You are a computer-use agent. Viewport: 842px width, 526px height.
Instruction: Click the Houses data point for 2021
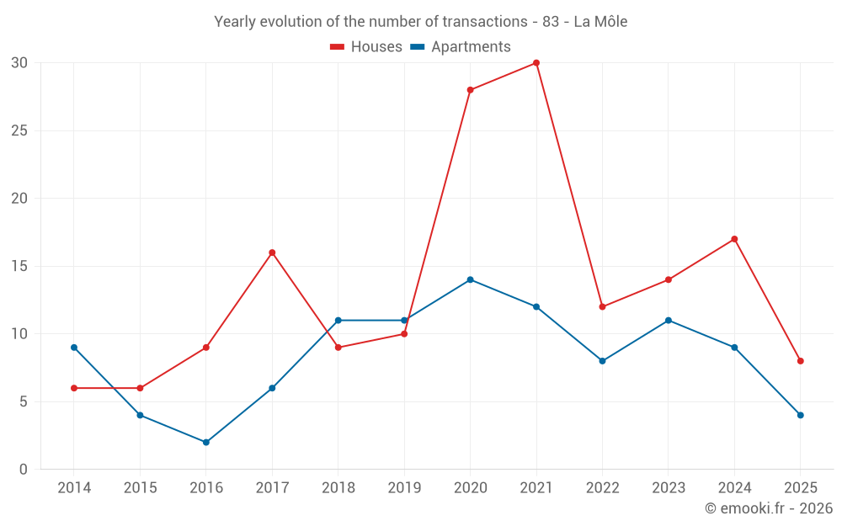click(536, 63)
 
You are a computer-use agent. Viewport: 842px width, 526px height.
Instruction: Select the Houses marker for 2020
click(470, 90)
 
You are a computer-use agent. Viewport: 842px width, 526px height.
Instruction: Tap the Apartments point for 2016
click(206, 442)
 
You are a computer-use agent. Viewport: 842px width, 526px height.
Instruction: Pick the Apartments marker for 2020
click(470, 279)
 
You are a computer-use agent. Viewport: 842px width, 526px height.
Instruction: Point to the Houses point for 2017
click(272, 252)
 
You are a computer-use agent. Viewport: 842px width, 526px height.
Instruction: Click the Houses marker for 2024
click(734, 239)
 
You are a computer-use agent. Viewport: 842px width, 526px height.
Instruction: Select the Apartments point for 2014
click(74, 348)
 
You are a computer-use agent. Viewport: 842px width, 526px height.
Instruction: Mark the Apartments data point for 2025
click(800, 415)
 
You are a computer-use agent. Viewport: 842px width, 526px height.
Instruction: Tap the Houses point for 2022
click(602, 306)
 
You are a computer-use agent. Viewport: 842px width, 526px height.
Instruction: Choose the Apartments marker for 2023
click(669, 321)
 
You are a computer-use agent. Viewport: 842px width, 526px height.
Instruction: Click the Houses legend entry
click(366, 47)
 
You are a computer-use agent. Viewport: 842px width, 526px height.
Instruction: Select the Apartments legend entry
click(461, 47)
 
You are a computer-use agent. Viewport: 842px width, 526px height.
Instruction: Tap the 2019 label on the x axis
click(404, 488)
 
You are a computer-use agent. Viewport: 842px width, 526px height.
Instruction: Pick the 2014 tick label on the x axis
click(74, 488)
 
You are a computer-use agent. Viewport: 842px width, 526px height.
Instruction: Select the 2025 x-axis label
click(800, 488)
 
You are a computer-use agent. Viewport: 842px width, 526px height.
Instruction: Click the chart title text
click(421, 22)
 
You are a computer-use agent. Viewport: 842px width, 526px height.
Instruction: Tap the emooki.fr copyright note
click(769, 508)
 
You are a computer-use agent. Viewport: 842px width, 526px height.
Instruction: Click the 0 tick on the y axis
click(24, 470)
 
